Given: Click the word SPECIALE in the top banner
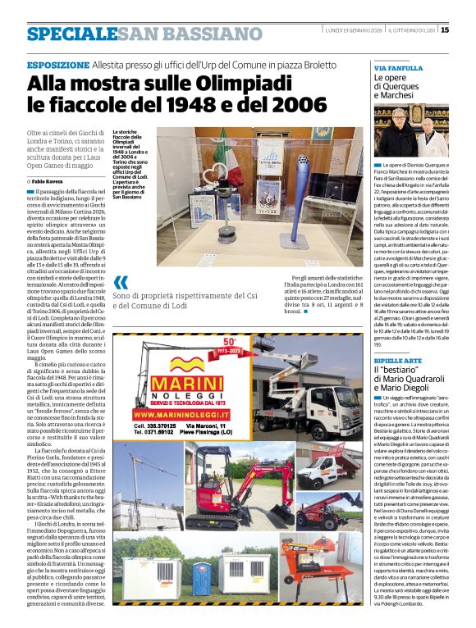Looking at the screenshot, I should tap(71, 34).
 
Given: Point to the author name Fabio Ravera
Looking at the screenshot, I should tap(51, 180).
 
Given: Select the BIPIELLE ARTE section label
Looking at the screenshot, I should tap(397, 358).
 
